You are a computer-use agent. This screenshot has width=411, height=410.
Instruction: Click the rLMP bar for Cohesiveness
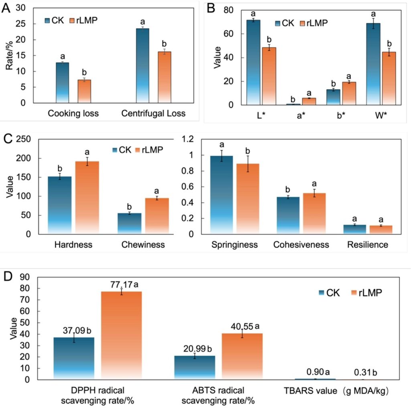(303, 213)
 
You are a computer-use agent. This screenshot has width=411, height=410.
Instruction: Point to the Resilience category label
(367, 245)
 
